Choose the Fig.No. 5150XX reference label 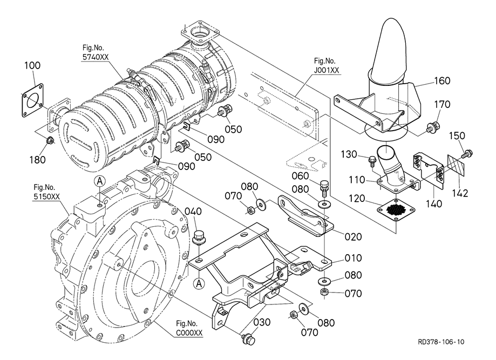point(44,192)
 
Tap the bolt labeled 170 point(431,128)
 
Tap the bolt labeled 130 point(372,160)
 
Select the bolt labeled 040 point(199,237)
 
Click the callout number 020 point(348,236)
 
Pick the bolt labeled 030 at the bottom point(249,338)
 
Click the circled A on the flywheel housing point(99,182)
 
